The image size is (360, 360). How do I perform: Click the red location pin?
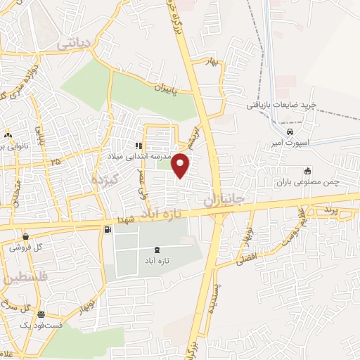(181, 165)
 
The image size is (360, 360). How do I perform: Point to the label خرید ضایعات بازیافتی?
(281, 105)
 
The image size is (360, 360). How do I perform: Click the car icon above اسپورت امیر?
(290, 131)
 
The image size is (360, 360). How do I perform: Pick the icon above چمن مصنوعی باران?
(307, 171)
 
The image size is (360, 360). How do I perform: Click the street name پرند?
(332, 210)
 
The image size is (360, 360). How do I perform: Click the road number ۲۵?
(56, 162)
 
